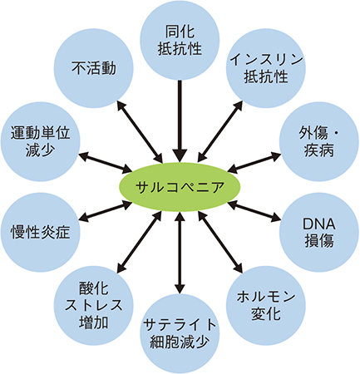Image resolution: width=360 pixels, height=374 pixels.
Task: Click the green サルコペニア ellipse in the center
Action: [180, 187]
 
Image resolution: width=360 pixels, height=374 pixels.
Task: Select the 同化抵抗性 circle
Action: [180, 40]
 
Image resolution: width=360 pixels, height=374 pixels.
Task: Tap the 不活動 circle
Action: [94, 68]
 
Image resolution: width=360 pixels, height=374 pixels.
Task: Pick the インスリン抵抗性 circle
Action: [266, 68]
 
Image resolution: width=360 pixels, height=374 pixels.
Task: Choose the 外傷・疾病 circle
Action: [319, 141]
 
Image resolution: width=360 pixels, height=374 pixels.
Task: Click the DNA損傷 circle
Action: [319, 232]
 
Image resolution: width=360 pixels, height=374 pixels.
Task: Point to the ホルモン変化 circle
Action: [266, 306]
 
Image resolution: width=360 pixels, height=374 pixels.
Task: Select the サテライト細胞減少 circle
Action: [180, 334]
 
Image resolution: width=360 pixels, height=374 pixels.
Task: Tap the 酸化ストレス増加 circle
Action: [94, 306]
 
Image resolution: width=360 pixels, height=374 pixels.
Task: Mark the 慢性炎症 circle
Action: [41, 232]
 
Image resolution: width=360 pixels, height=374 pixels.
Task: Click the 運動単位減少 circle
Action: [41, 141]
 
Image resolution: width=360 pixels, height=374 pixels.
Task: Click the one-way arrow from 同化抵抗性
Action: [180, 121]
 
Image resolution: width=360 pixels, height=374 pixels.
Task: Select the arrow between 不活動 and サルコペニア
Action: [140, 131]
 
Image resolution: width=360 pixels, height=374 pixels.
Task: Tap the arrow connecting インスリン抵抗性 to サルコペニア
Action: [220, 131]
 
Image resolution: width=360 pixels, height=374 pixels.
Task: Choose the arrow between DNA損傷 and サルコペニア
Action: [254, 212]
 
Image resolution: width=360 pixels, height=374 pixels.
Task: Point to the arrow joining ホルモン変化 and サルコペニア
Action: [220, 242]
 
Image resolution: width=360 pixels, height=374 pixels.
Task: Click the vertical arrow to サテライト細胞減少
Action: [180, 253]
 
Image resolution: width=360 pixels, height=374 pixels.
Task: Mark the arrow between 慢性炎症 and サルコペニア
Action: [106, 212]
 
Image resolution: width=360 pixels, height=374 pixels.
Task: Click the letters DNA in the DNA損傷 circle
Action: [319, 224]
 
